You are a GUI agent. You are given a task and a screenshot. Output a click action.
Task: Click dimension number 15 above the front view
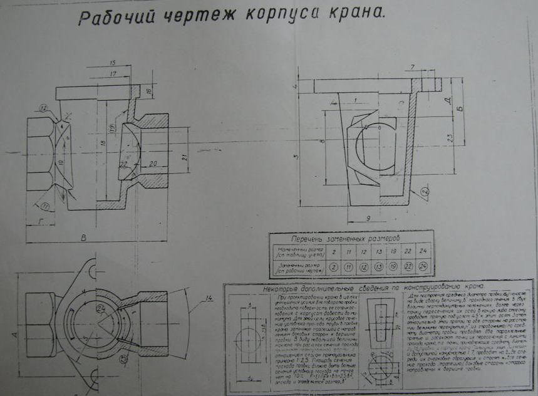point(113,63)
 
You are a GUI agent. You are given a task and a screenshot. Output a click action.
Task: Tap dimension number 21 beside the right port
point(184,157)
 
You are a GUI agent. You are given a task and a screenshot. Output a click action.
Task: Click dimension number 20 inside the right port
point(153,164)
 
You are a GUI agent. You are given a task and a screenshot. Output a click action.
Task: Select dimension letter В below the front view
point(83,237)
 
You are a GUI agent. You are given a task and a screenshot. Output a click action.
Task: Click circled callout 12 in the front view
point(43,108)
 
